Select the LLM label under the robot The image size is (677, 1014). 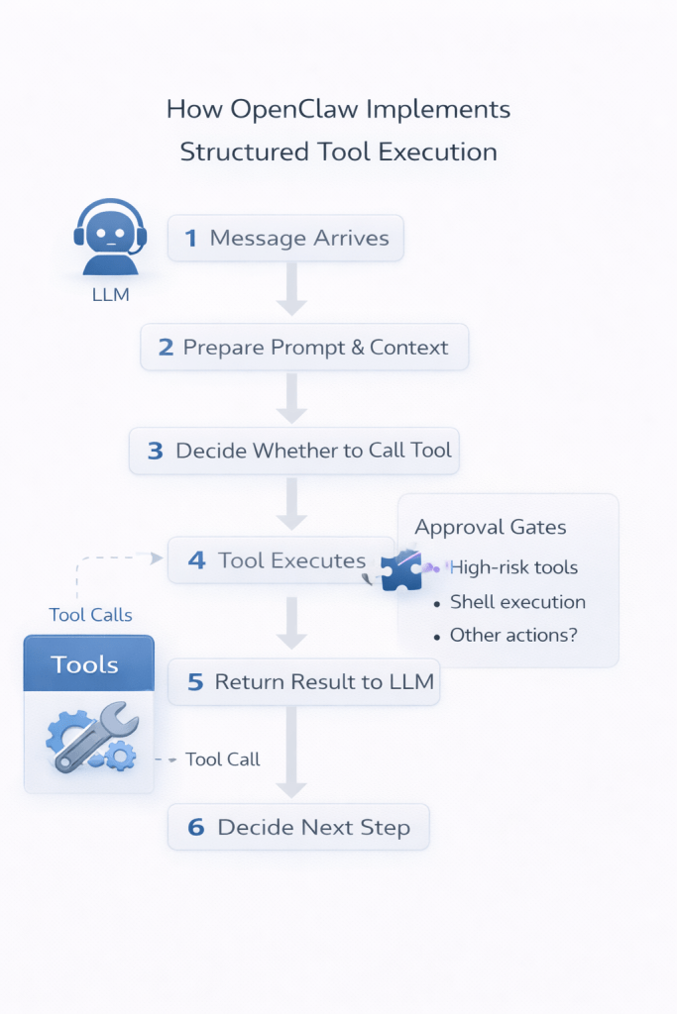[x=110, y=293]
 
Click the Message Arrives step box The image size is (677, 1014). [x=285, y=238]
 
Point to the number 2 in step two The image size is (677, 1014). [x=166, y=348]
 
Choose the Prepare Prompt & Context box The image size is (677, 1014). [x=304, y=348]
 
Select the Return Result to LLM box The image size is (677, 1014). [x=303, y=681]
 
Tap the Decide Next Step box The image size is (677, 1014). [x=298, y=827]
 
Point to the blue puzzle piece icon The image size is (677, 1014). [x=401, y=570]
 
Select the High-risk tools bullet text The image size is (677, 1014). [x=513, y=567]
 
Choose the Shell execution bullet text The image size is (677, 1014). [x=517, y=602]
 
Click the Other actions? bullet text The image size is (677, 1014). [x=513, y=635]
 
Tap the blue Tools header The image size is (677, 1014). [x=89, y=662]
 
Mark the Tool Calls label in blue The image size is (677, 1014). [x=90, y=615]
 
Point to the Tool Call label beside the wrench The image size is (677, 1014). [x=223, y=760]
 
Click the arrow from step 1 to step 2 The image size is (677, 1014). [x=291, y=289]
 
